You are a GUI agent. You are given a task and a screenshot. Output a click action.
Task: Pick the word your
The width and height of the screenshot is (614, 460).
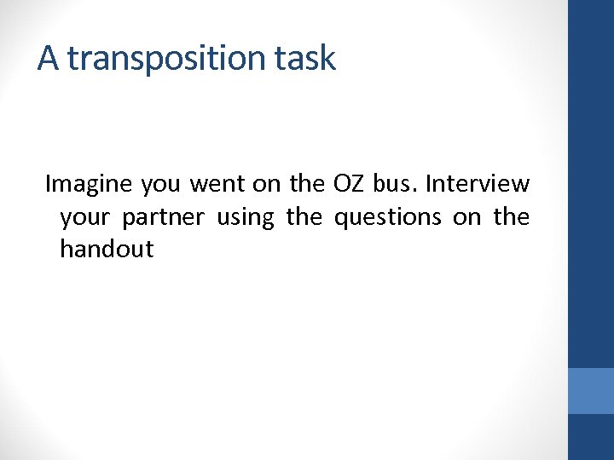(85, 218)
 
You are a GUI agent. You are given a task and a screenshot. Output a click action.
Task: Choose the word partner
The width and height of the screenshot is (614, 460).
(163, 218)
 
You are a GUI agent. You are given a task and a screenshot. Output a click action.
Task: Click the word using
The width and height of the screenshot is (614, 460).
(246, 218)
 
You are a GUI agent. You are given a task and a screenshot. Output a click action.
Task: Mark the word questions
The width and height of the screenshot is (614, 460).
(388, 217)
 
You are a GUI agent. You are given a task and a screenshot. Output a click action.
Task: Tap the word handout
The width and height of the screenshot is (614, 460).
(107, 250)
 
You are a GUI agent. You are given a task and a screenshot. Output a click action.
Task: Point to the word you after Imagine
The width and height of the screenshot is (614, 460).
(160, 185)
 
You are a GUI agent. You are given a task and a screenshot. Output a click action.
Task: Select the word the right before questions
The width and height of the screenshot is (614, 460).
(304, 217)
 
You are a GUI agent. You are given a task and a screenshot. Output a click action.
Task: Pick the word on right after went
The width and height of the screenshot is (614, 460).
(266, 185)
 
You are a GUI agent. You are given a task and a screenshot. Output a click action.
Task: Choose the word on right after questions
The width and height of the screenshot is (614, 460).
(467, 218)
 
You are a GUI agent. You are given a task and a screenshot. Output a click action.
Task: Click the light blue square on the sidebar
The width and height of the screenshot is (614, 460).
(591, 391)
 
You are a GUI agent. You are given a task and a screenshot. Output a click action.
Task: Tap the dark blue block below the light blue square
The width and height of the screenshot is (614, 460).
(591, 437)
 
